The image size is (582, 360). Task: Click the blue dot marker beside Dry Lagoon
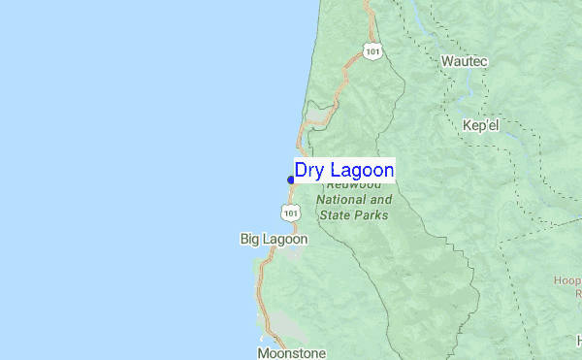pos(291,180)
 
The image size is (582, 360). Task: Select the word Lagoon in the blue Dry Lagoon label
pos(360,171)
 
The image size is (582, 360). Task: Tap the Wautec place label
pos(465,61)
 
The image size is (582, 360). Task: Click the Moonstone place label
pos(291,353)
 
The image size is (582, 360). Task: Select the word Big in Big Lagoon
pos(250,239)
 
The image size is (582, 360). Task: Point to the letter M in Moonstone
pos(263,353)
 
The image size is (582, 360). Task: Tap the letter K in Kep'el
pos(468,127)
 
